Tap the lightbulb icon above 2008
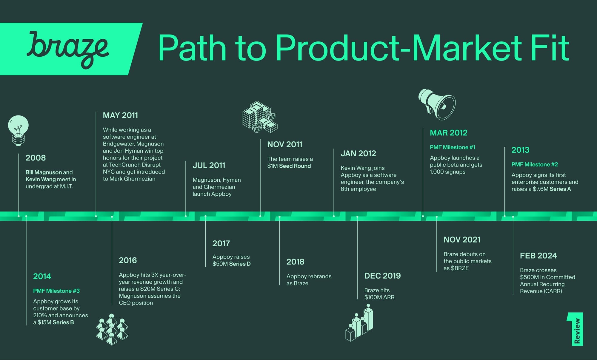(x=18, y=130)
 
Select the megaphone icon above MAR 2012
(x=437, y=104)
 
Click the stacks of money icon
(x=260, y=117)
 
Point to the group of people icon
(x=112, y=329)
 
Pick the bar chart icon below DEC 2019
(x=359, y=322)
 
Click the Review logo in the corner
(x=575, y=329)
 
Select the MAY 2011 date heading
(x=120, y=115)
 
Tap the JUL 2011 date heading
(x=209, y=166)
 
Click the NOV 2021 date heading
(x=462, y=240)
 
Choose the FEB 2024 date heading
(x=538, y=256)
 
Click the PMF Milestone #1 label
(x=453, y=147)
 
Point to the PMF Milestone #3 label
(x=56, y=291)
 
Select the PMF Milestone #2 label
(x=535, y=165)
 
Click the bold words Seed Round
(x=295, y=166)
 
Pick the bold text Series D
(x=240, y=264)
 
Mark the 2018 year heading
(x=295, y=262)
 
